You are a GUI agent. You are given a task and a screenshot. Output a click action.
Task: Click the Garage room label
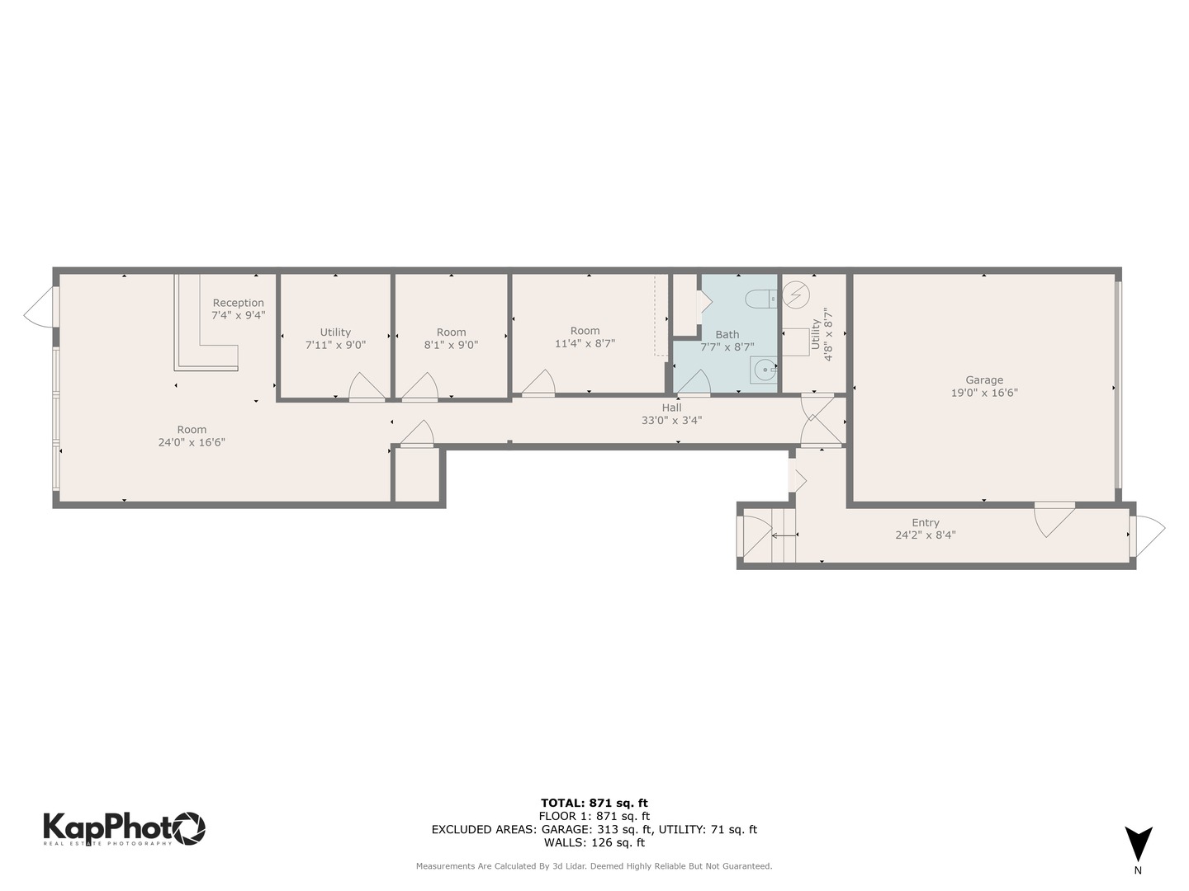984,380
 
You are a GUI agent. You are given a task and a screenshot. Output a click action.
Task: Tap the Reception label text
238,303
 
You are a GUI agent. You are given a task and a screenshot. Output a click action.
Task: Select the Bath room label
727,334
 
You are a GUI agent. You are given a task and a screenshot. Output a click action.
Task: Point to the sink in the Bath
764,370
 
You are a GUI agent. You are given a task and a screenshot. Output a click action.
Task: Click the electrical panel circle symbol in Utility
797,293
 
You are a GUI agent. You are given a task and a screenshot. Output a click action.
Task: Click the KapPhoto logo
124,827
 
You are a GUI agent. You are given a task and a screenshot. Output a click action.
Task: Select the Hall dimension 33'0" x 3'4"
671,420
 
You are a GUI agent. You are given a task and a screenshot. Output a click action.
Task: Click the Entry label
926,522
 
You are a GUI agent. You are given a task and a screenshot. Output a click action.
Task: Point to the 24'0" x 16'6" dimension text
192,442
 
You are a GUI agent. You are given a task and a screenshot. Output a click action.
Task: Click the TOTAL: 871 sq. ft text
594,803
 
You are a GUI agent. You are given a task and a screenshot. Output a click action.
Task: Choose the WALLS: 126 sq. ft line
594,842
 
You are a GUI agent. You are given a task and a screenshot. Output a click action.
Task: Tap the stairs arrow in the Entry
784,535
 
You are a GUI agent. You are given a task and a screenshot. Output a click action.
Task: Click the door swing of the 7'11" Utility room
364,388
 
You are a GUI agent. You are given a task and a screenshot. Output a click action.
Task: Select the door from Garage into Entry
1054,517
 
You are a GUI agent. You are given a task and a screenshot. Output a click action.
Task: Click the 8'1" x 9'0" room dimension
451,345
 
